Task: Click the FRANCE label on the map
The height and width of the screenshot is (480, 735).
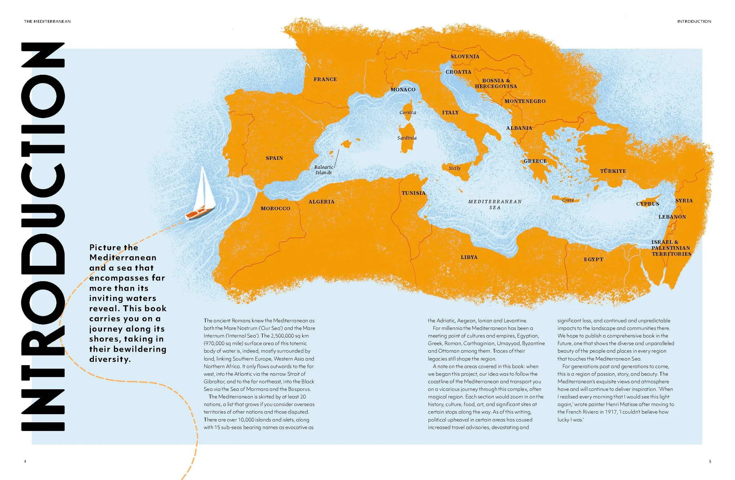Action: click(325, 79)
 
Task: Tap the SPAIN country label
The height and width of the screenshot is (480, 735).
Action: click(274, 158)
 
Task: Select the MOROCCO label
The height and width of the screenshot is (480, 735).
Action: click(275, 209)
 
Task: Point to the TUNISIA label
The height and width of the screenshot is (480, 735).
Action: click(413, 193)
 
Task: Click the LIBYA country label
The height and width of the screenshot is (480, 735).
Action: click(469, 257)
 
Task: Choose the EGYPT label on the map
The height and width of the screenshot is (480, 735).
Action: click(593, 259)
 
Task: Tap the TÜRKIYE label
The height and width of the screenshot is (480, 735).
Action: click(612, 171)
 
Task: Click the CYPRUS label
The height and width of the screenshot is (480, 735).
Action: click(647, 204)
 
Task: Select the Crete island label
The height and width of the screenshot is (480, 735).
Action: click(568, 200)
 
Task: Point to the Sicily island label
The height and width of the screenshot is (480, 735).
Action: click(454, 168)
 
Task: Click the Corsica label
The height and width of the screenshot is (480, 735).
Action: click(408, 112)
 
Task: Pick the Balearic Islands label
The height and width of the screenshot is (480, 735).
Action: click(323, 170)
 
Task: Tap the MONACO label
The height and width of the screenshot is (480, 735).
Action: click(403, 90)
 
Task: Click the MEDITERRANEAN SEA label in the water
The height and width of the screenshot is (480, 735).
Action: click(494, 204)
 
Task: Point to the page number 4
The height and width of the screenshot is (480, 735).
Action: click(25, 461)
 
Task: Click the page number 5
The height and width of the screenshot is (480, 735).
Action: click(710, 461)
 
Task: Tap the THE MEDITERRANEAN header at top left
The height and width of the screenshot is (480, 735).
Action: click(47, 21)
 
